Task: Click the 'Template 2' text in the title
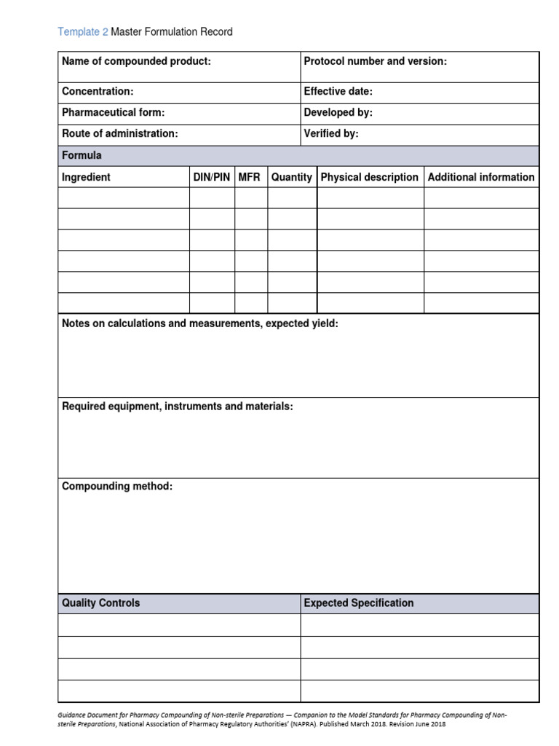82,32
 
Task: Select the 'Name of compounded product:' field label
136,61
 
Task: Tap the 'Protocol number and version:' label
375,61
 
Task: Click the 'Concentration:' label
98,92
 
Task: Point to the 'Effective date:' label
338,92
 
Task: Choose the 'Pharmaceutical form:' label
113,113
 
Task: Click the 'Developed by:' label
338,113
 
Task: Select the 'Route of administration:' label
119,134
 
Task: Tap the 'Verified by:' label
330,134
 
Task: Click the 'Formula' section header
82,155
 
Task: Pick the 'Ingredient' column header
86,177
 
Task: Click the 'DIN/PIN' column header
211,177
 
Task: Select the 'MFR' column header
249,177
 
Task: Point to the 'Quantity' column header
291,177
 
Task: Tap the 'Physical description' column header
370,177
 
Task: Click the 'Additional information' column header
480,177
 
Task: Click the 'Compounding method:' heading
117,487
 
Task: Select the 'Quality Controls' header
100,603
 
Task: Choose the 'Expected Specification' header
358,603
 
